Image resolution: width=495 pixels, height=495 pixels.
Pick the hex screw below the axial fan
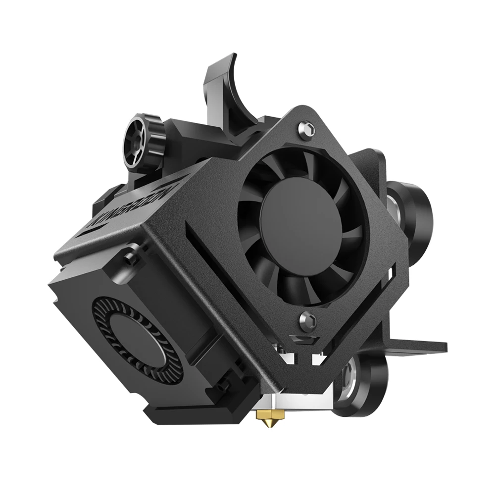[x=305, y=321]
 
